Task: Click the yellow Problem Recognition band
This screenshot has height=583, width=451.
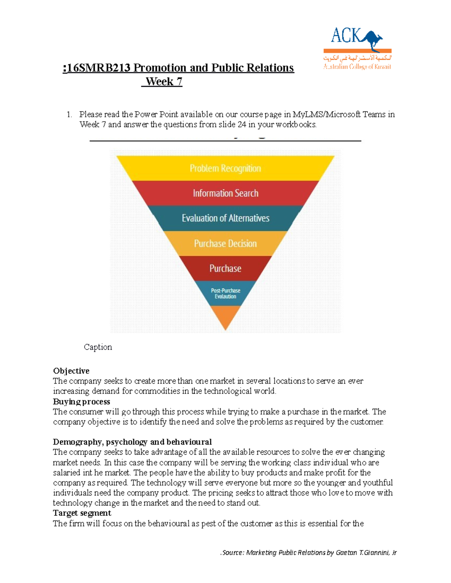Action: click(225, 168)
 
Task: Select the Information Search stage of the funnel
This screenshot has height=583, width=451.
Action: click(225, 193)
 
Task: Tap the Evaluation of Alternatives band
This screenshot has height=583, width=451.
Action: click(225, 218)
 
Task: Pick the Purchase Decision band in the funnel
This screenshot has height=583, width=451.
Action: click(225, 243)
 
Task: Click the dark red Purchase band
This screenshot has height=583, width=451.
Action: click(225, 268)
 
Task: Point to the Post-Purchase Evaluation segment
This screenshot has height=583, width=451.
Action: click(225, 294)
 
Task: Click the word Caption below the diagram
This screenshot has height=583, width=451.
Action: click(98, 347)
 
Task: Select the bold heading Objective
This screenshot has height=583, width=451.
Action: click(71, 371)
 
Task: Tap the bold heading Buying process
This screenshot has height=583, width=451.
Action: click(81, 402)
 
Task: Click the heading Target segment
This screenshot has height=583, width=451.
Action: click(82, 513)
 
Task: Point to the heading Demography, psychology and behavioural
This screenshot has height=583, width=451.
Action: click(132, 442)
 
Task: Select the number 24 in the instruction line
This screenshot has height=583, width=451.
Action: click(242, 125)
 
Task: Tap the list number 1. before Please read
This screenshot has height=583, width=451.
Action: click(69, 114)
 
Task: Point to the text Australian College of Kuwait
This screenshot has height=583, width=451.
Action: click(357, 67)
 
